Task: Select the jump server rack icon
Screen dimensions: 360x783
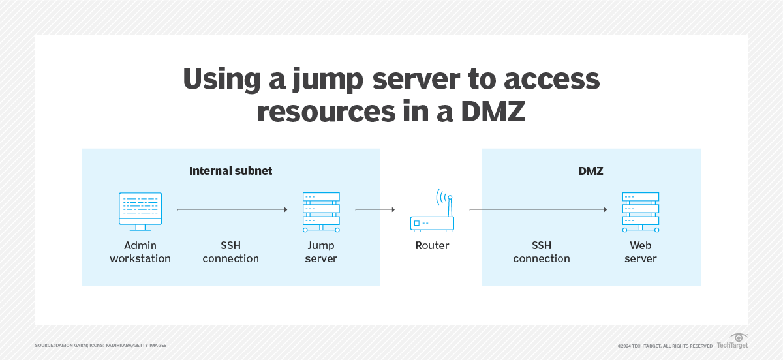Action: (321, 212)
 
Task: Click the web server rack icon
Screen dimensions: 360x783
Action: (640, 212)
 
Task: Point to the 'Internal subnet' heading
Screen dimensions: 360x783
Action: (230, 171)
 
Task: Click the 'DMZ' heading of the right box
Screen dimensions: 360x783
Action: (591, 171)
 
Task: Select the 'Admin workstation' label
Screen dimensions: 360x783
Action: (140, 252)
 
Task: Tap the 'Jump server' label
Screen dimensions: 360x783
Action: (321, 252)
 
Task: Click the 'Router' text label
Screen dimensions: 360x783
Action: (432, 246)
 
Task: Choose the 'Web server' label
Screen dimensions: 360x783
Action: (640, 252)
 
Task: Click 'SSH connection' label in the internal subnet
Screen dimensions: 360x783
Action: (230, 252)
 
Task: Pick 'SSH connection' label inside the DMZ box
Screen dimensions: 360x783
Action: (541, 252)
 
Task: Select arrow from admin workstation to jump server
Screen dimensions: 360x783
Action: (232, 210)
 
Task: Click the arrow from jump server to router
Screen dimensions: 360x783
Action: (375, 210)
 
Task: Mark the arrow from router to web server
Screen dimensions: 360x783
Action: (538, 210)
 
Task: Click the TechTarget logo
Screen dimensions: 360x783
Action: (732, 341)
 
